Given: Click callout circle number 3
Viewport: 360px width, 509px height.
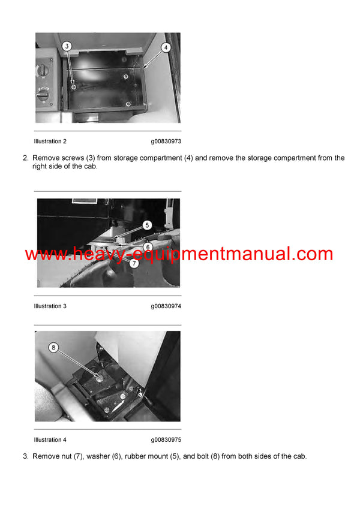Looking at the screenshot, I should (67, 46).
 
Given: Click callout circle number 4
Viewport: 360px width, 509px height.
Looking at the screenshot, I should (166, 47).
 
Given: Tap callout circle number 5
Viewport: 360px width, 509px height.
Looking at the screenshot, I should (147, 225).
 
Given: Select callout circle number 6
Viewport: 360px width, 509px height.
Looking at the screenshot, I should (148, 246).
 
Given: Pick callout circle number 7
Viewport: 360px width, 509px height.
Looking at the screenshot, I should (134, 263).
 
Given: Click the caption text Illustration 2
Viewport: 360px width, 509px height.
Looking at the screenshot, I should (50, 141).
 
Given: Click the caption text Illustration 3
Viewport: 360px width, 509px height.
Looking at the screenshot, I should (50, 306).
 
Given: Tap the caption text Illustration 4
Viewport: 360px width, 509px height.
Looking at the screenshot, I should (50, 440).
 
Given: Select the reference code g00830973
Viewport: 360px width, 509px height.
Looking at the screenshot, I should (166, 141).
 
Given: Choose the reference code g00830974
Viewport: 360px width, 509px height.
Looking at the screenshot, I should (166, 306).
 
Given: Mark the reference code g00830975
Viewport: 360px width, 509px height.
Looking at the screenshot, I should (166, 440).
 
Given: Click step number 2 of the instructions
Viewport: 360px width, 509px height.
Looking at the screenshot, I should (25, 158).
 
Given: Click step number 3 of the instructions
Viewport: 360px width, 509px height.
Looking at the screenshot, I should (25, 456).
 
